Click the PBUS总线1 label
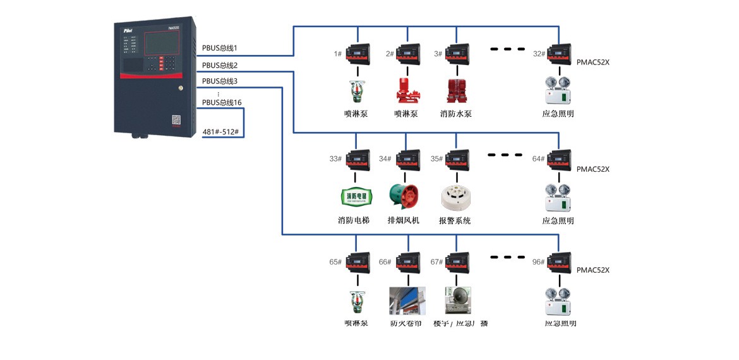coord(219,48)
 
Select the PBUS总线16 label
coord(222,102)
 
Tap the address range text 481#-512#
coord(224,132)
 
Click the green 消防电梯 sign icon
coord(357,196)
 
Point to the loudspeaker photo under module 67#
coord(458,301)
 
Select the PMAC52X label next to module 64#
coord(592,169)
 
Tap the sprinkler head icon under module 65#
coord(357,301)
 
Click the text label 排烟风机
coord(403,220)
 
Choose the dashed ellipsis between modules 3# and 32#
coord(508,49)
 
